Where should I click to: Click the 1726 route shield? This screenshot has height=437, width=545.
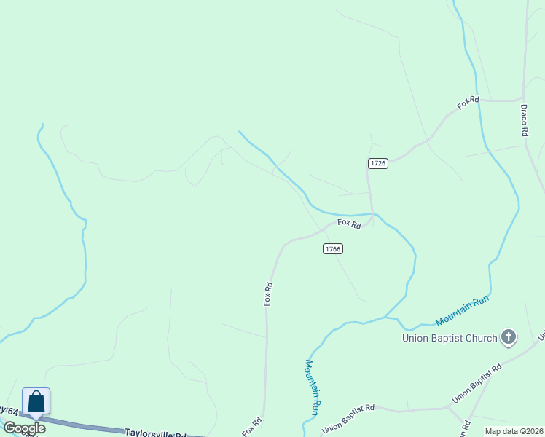[x=377, y=163]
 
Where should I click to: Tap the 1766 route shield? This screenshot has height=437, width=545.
[x=332, y=249]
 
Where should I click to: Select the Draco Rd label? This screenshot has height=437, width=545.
[x=524, y=120]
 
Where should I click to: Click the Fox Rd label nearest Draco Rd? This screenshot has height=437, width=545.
[x=468, y=103]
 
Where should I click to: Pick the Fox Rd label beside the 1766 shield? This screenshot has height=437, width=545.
[x=349, y=224]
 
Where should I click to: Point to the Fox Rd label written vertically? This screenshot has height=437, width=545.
[x=269, y=294]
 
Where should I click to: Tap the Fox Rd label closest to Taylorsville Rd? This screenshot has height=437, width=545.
[x=252, y=427]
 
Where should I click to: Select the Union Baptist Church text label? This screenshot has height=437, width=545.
[x=450, y=338]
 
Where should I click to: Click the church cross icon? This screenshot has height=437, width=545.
[x=509, y=337]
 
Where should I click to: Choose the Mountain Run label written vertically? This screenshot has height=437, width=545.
[x=313, y=387]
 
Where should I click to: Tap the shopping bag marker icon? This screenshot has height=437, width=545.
[x=36, y=402]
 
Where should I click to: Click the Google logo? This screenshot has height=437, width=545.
[x=24, y=428]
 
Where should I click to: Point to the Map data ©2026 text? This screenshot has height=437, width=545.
[x=514, y=430]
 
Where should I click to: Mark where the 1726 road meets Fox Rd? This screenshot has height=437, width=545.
[x=372, y=215]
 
